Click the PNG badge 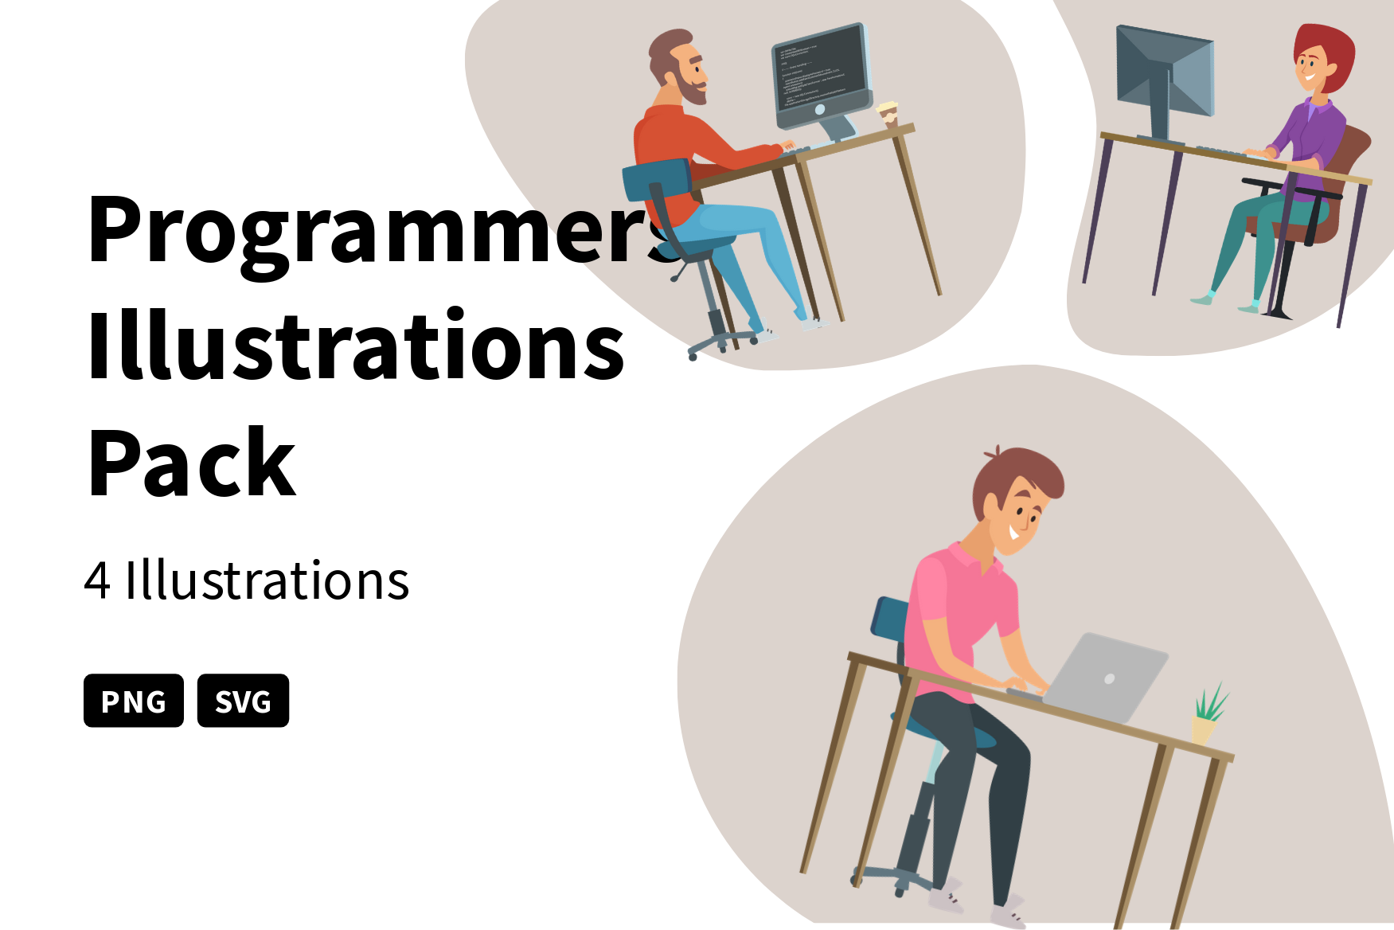click(133, 701)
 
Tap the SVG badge click(243, 701)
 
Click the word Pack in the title click(191, 463)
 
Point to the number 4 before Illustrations click(97, 580)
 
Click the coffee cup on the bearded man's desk click(888, 113)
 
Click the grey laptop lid click(1107, 677)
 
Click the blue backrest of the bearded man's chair click(657, 180)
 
